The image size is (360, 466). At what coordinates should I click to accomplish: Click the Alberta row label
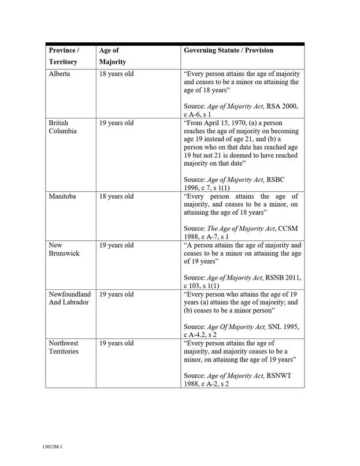point(60,74)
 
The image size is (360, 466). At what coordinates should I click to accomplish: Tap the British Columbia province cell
point(59,127)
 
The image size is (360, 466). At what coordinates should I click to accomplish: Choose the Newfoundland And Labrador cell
point(70,299)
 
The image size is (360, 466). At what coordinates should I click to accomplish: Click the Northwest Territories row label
point(63,348)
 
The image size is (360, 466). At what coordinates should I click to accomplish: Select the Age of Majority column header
point(113,56)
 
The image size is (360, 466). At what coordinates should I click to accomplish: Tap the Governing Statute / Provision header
point(228,50)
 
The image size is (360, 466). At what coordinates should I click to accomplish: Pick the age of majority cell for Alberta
point(116,74)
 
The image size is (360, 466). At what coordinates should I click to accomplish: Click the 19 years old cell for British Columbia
point(116,123)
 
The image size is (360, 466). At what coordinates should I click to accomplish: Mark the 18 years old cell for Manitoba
point(116,196)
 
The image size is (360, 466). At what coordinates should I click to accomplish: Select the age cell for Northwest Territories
point(116,344)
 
